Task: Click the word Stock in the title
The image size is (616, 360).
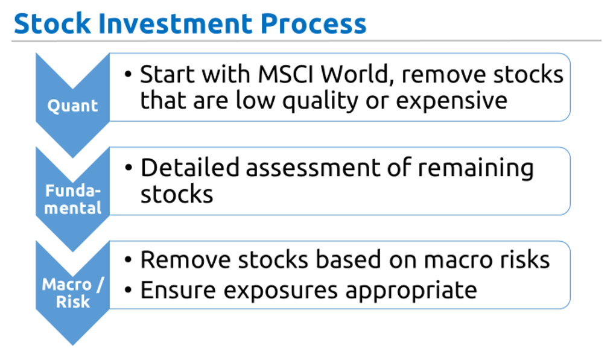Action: tap(52, 24)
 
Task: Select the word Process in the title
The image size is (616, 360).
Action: tap(314, 24)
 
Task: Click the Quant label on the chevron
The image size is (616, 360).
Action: tap(72, 106)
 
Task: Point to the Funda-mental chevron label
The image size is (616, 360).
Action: tap(72, 200)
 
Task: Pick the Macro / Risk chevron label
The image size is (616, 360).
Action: tap(72, 293)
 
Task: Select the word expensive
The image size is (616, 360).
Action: tap(451, 101)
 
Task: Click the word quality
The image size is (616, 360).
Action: tap(320, 101)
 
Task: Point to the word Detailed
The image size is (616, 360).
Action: tap(190, 168)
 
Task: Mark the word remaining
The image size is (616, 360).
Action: tap(475, 169)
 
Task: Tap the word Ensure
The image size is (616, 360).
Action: tap(179, 291)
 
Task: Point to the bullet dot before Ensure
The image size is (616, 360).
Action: tap(128, 291)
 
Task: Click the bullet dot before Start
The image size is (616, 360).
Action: tap(128, 74)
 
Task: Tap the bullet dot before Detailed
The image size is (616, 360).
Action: tap(128, 168)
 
